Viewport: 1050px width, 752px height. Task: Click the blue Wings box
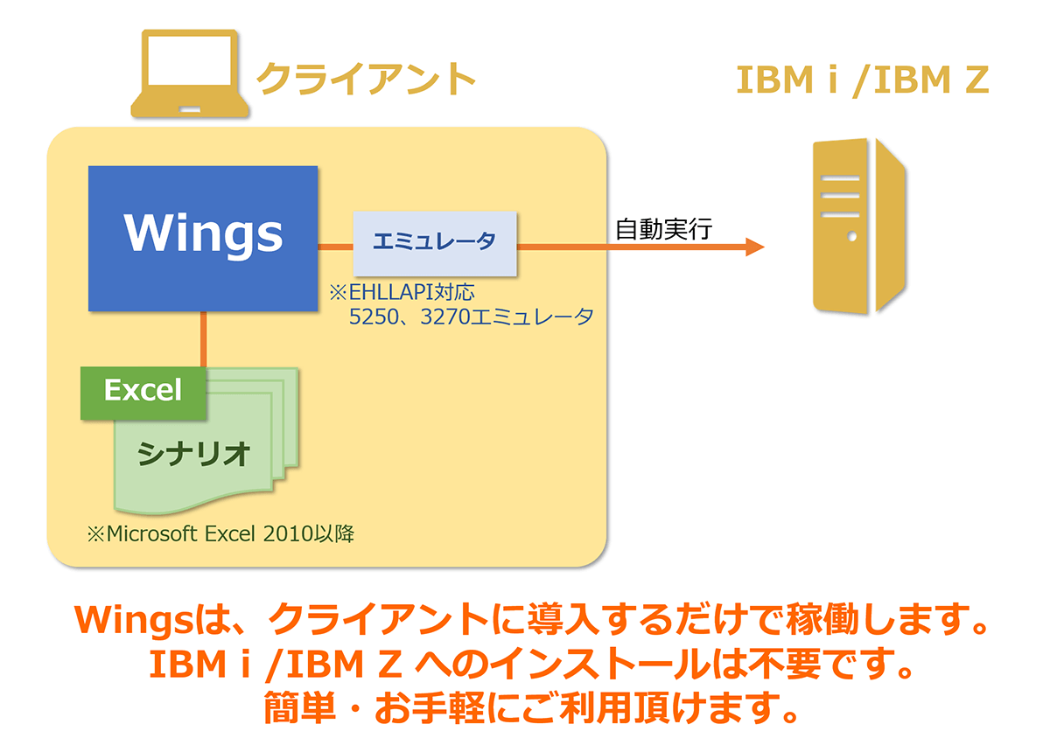click(x=203, y=239)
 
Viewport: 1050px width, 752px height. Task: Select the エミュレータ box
click(x=435, y=244)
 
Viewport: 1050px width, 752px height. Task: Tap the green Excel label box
click(x=143, y=393)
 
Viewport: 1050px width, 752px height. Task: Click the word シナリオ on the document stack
click(x=193, y=454)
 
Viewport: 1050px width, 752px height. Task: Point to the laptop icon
click(x=190, y=73)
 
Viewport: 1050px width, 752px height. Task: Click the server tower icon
click(x=858, y=226)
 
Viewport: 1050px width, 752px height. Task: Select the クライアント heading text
click(x=366, y=79)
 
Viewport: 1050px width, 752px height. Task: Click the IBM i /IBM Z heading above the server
click(x=863, y=80)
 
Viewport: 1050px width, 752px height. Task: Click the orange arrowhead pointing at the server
click(x=754, y=247)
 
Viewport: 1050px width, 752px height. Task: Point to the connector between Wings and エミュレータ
click(x=335, y=247)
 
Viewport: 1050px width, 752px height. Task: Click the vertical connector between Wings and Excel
click(x=203, y=339)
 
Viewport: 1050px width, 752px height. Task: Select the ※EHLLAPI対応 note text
click(x=402, y=292)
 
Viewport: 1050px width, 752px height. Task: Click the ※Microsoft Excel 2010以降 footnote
click(x=220, y=533)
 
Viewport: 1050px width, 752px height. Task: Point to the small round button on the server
click(x=852, y=237)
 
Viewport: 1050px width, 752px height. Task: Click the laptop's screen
click(x=190, y=60)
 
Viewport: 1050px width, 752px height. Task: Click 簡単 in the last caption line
click(x=300, y=707)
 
